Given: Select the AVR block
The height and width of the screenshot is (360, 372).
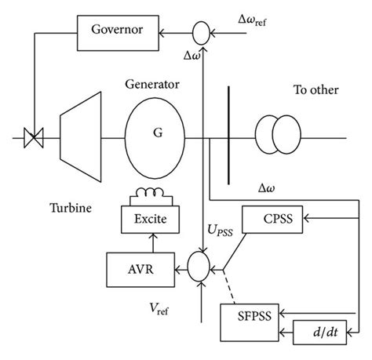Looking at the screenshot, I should click(x=136, y=267).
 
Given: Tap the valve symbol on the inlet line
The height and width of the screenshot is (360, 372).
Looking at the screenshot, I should click(x=34, y=139).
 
